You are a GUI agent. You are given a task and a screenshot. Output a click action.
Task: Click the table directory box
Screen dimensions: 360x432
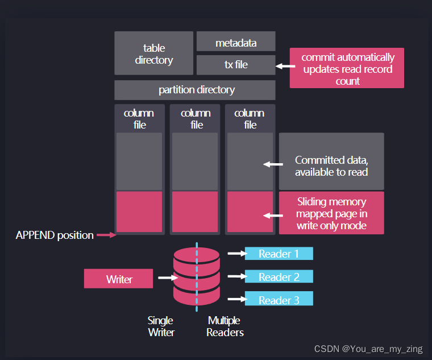[x=154, y=53]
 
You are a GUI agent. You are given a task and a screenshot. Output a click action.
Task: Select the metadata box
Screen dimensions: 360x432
[x=236, y=42]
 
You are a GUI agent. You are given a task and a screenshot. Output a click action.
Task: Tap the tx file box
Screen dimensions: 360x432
[x=236, y=65]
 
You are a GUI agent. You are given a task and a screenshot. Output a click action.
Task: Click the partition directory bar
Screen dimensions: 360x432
[x=195, y=90]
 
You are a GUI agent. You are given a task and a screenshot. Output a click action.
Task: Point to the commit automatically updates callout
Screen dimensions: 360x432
[x=347, y=69]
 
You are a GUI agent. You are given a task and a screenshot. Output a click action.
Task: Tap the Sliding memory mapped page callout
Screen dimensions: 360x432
[x=331, y=213]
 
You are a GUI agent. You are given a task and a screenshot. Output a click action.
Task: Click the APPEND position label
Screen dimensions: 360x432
[x=55, y=235]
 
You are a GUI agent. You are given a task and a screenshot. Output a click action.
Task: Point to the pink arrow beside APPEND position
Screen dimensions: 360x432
[x=105, y=234]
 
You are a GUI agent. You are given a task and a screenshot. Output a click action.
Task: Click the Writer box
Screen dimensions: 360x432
[x=119, y=279]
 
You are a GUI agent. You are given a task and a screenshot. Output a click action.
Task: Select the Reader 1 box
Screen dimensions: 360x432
[x=279, y=254]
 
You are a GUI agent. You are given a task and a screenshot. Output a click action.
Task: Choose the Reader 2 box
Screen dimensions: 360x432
[x=279, y=277]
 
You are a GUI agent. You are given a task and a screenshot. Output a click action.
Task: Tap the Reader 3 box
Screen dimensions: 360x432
[x=279, y=300]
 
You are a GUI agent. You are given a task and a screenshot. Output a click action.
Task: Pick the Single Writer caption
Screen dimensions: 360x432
[x=161, y=326]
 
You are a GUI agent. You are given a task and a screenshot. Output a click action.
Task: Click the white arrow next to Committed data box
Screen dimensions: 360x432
[x=274, y=164]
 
